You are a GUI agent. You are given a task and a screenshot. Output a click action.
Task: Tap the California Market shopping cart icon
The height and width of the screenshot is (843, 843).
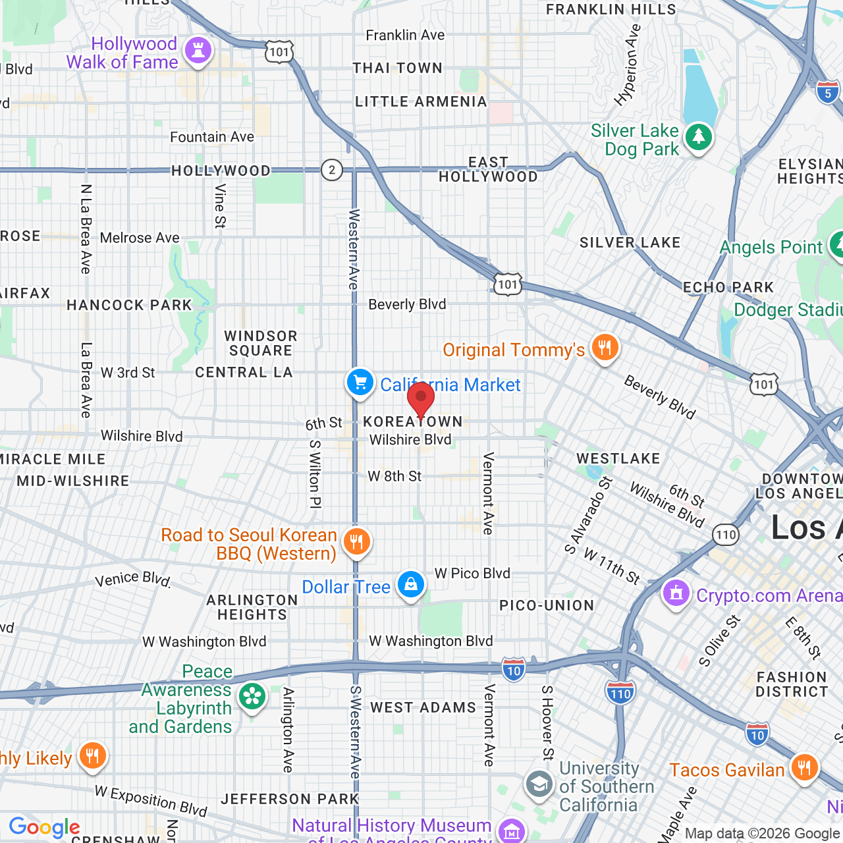[x=360, y=382]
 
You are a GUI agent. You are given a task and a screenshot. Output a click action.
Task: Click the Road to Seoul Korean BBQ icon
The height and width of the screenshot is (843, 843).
[x=356, y=542]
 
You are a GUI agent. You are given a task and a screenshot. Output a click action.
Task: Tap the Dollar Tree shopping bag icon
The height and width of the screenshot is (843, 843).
[x=410, y=585]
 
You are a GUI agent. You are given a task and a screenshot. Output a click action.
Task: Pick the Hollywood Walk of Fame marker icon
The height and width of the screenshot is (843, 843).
[x=198, y=51]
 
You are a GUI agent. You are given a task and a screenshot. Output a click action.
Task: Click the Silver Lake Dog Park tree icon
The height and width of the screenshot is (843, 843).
[x=698, y=138]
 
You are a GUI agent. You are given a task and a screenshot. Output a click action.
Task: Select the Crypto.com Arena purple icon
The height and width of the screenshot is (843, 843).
[x=676, y=593]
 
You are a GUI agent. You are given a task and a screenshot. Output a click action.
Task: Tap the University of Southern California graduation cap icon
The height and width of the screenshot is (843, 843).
[x=539, y=784]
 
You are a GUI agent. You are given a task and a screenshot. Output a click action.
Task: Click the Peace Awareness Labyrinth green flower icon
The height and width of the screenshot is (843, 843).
[x=252, y=697]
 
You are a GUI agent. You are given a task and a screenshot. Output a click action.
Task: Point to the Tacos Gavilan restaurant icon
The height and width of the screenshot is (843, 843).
[x=804, y=768]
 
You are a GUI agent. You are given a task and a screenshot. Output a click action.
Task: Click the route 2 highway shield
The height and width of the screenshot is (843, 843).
[x=332, y=170]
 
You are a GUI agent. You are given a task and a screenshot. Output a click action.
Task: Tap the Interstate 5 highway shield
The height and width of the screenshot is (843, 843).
[x=828, y=93]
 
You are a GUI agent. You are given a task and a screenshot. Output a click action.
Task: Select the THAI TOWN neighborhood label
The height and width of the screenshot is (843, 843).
[x=397, y=68]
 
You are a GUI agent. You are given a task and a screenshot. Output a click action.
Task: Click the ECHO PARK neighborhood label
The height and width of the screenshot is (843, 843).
[x=728, y=287]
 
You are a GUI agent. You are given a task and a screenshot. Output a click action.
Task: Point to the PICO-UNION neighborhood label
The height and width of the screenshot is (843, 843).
[x=547, y=605]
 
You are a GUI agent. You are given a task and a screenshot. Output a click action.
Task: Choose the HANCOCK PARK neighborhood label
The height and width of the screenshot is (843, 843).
[x=129, y=305]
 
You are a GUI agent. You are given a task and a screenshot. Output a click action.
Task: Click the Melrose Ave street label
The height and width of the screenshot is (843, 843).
[x=140, y=238]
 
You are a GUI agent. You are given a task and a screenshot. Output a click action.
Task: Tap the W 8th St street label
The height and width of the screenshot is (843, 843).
[x=394, y=476]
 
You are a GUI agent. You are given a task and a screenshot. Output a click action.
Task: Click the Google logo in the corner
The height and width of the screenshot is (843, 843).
[x=44, y=827]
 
